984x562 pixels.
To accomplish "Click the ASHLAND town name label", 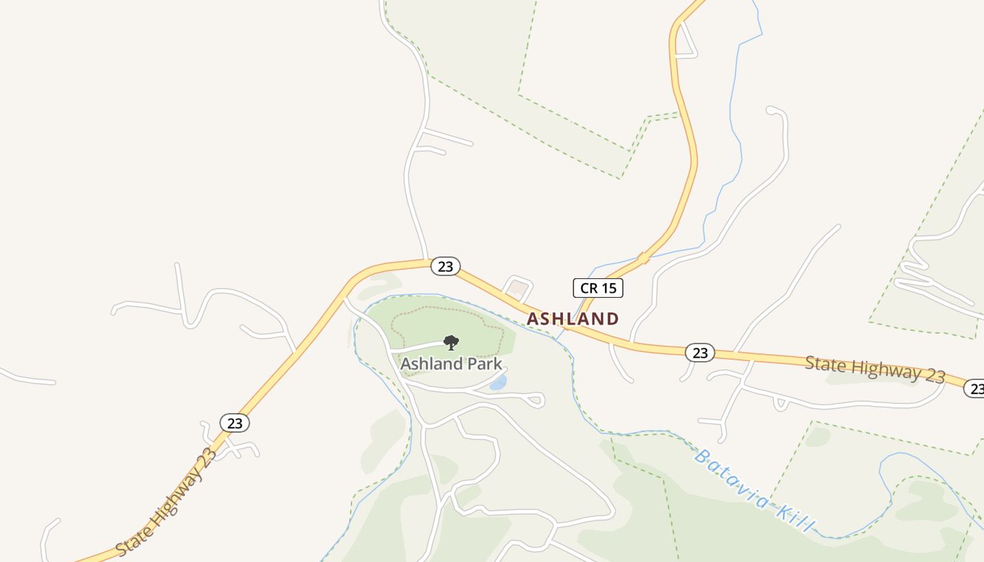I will pos(573,319).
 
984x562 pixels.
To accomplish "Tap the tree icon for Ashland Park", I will pos(451,343).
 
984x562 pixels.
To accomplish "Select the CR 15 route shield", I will pos(597,287).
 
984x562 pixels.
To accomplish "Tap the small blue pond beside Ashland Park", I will pos(498,382).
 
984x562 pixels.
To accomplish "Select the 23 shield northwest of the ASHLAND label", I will pos(445,266).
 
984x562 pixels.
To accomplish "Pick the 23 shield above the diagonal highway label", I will pos(235,423).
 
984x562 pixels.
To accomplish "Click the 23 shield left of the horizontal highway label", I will pos(700,353).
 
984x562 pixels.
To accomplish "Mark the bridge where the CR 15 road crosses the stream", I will pos(642,259).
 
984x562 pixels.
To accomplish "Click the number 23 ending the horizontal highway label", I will pos(934,375).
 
